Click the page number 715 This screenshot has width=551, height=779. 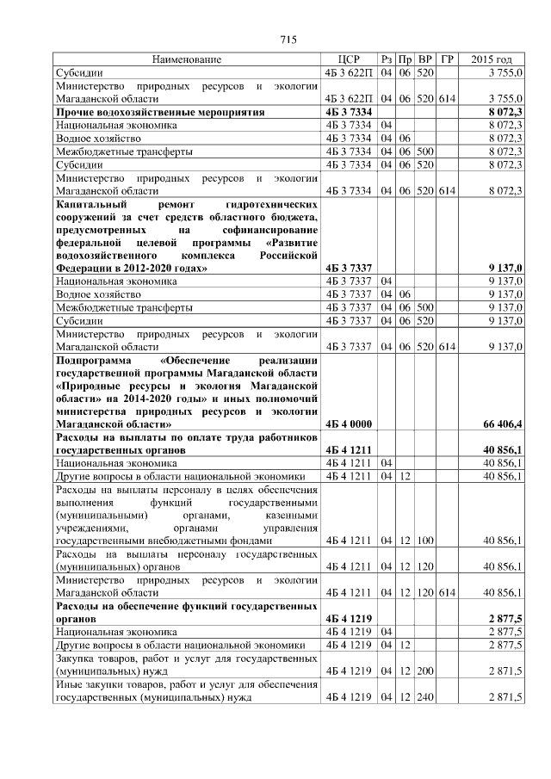point(288,40)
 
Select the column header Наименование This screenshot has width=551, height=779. point(187,59)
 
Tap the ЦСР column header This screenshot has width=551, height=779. point(350,59)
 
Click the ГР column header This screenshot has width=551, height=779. point(447,59)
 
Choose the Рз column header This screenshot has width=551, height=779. point(387,59)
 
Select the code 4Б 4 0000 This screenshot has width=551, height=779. point(350,424)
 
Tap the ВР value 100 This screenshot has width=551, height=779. point(425,541)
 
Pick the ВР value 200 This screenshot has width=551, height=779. point(425,669)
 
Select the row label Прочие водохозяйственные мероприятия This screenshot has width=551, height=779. point(146,112)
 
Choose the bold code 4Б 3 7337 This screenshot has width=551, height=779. point(350,269)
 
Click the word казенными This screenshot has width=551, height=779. point(290,515)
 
